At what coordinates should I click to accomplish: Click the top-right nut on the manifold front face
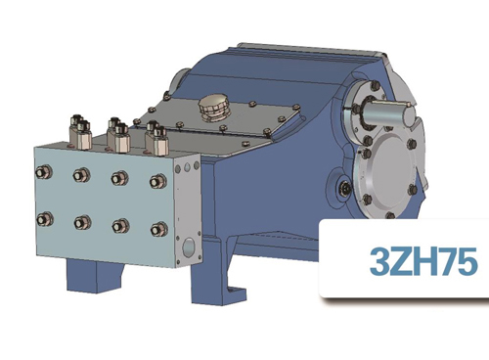(x=156, y=182)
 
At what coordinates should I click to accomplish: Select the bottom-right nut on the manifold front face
(x=156, y=230)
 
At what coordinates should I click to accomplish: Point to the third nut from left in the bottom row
(x=119, y=226)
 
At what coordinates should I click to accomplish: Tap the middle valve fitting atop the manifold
(x=116, y=131)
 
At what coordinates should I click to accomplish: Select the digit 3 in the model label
(x=378, y=261)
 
